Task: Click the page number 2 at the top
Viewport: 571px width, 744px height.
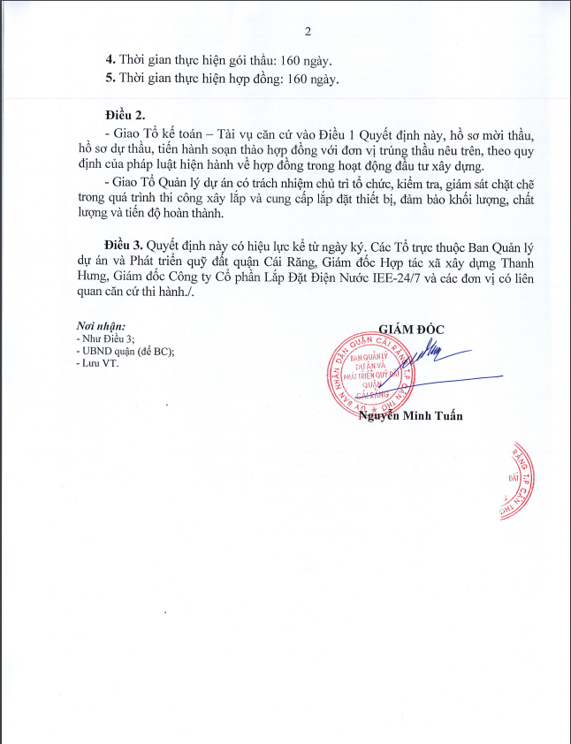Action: [308, 33]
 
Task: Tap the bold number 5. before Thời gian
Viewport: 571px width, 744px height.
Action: [110, 79]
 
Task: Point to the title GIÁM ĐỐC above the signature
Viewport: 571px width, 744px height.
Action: [411, 329]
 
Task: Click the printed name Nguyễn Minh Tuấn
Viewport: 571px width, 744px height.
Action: [410, 416]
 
